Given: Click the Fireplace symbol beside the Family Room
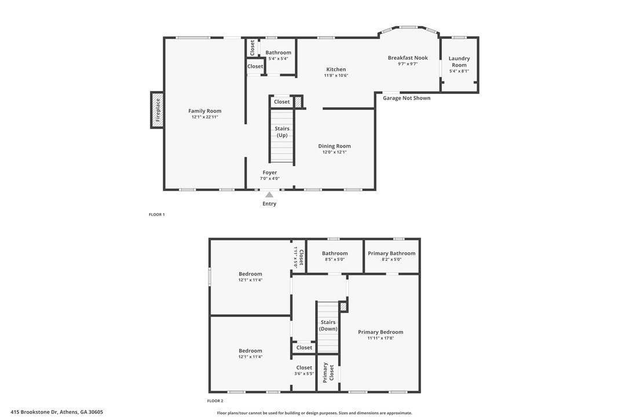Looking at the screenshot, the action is point(158,111).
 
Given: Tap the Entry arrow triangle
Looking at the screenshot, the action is point(269,195).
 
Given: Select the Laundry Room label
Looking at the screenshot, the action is point(459,62).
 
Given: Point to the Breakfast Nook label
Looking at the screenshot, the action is point(408,58).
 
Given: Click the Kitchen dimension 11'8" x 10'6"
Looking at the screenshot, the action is point(336,75).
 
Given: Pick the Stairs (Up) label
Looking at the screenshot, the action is point(282,132).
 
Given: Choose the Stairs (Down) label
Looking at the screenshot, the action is point(328,326).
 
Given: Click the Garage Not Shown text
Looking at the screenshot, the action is point(407,98).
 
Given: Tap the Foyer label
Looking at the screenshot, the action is point(269,172).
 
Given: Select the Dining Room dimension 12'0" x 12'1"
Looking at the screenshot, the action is point(334,152).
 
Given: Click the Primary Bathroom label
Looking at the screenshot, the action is point(392,253).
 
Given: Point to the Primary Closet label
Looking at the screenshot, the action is point(328,373).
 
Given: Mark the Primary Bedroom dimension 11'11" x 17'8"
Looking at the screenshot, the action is point(381,338).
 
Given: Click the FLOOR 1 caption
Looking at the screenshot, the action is point(157,215).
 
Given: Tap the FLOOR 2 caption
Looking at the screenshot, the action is point(215,400).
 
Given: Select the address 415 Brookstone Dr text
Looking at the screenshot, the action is point(35,412).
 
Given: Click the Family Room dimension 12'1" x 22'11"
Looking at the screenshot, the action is point(204,117).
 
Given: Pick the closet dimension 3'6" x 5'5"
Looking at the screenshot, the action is point(303,374).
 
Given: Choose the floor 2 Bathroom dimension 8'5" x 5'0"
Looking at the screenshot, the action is point(335,259).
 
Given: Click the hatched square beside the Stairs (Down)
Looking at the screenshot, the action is point(343,307).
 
